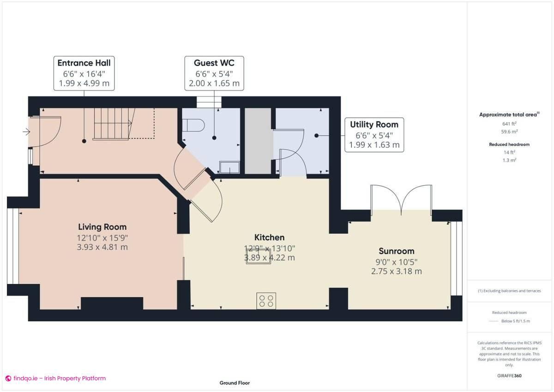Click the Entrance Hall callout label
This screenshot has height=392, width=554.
point(84,73)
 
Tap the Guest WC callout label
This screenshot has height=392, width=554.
point(214,73)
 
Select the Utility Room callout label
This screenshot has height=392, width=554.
point(374,135)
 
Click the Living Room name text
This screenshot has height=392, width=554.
point(102,227)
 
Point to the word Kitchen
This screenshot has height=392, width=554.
point(270,237)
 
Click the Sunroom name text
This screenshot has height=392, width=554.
point(396,251)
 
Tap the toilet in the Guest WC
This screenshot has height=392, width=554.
point(193,125)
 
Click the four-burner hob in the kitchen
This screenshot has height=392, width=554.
point(266,301)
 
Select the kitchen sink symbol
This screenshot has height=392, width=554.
point(258,257)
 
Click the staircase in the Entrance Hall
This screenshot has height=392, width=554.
point(113,123)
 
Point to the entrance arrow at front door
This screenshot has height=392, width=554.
point(26,132)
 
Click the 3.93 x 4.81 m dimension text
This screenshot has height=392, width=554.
point(102,247)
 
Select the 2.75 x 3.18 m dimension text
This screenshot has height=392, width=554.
point(396,271)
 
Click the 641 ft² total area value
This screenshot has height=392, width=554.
point(509,124)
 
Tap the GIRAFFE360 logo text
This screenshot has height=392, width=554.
point(509,376)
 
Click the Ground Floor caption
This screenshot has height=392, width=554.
point(235,383)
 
